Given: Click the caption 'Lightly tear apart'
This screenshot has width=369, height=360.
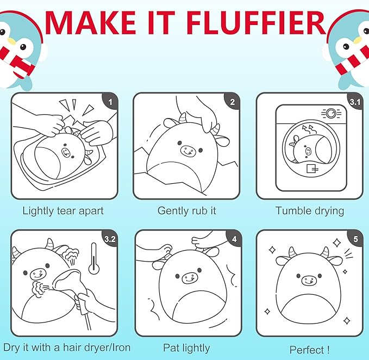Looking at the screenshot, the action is pos(63,211).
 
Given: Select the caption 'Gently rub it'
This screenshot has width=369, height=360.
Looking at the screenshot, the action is pos(186,210).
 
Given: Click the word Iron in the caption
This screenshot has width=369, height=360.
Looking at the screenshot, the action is pos(121,347).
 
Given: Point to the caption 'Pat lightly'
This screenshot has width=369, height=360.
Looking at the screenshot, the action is pos(186,347).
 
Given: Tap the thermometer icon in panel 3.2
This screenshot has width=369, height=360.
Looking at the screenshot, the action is pos(93,259).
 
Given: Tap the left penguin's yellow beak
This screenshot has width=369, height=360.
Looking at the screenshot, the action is pos(10,41).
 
